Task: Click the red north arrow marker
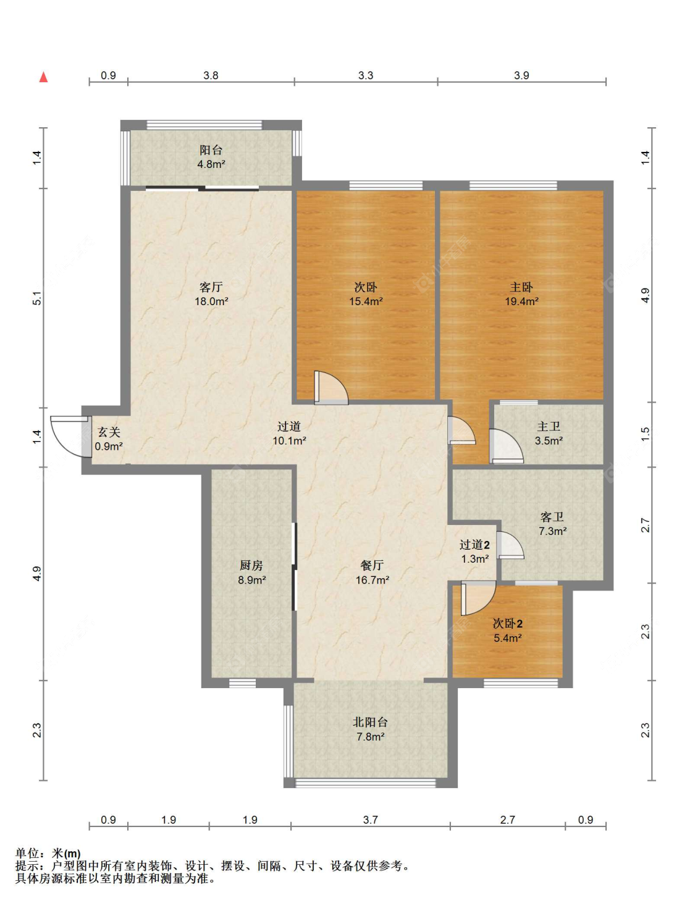43,77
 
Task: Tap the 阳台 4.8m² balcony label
211,157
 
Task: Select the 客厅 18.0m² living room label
211,294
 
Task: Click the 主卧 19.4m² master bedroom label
521,294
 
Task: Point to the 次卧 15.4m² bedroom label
366,294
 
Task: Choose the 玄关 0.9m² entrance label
108,439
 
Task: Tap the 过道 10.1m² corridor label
289,434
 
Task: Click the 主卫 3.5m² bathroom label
549,434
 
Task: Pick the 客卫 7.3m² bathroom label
552,524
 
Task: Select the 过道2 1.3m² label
475,552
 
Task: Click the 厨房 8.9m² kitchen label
251,573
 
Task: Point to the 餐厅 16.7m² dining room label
373,573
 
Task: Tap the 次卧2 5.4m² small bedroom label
508,631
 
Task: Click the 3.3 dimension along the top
366,75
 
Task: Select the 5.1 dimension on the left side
37,298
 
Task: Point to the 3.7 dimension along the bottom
370,820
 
